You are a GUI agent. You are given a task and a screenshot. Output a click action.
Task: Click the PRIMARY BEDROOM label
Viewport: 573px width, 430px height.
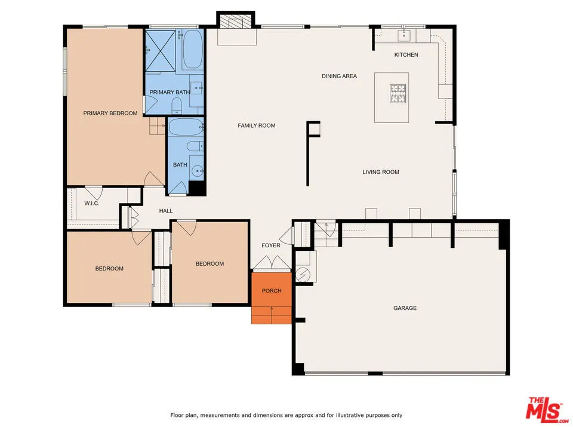tap(110, 113)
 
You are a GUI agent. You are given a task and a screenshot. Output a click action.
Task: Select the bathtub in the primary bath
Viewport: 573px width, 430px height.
tap(192, 50)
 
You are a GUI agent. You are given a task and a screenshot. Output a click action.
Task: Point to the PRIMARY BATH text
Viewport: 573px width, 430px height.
tap(170, 92)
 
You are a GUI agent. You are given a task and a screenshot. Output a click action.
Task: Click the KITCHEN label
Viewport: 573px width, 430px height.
tap(406, 55)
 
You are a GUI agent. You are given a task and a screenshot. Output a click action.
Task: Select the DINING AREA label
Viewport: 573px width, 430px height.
tap(339, 76)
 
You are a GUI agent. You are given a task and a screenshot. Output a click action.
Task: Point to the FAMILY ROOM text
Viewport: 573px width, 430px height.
tap(257, 125)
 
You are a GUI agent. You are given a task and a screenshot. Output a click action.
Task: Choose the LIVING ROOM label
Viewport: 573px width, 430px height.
tap(381, 172)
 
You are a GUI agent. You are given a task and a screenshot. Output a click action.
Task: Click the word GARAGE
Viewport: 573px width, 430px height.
tap(405, 308)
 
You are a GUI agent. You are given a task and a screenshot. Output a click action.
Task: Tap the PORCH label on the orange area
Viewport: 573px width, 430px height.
tap(272, 291)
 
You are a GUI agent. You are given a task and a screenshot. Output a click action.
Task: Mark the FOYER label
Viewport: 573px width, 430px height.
tap(271, 245)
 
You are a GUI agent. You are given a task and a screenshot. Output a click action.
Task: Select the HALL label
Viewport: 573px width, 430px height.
tap(166, 211)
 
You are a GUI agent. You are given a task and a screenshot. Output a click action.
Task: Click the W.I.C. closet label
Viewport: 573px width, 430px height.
tap(91, 204)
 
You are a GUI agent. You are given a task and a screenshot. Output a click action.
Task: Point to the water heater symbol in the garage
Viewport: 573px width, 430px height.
tap(303, 274)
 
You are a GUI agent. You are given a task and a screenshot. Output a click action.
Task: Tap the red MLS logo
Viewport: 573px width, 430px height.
tap(544, 409)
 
